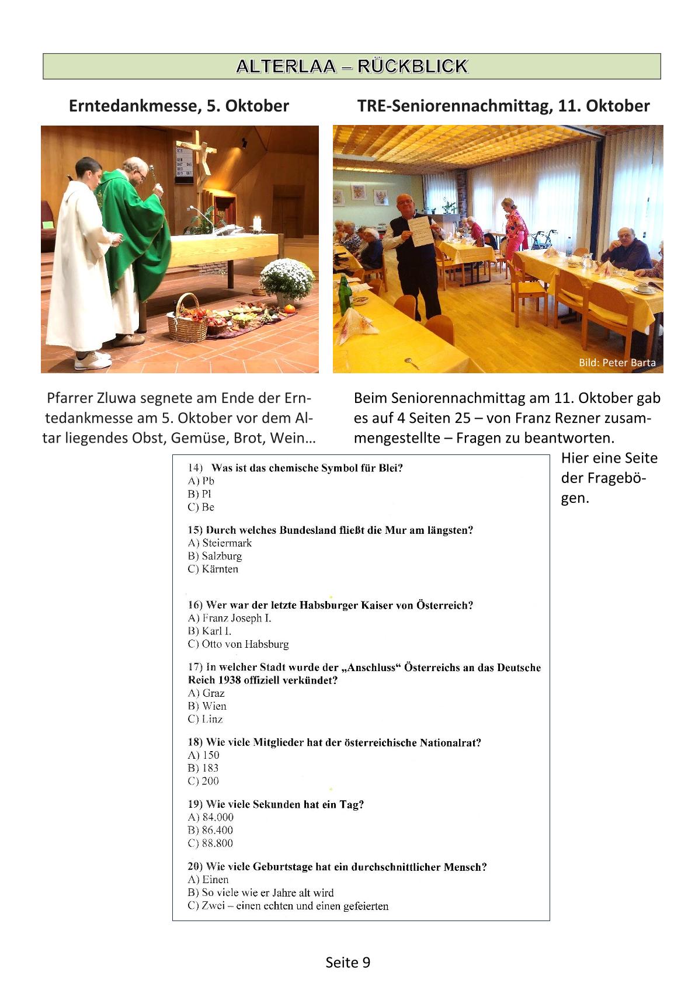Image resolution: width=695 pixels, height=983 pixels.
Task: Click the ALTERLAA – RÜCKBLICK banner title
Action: click(352, 66)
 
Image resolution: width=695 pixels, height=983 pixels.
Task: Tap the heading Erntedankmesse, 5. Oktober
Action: click(179, 106)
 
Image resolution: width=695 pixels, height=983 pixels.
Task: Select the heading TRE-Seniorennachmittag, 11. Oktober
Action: click(503, 106)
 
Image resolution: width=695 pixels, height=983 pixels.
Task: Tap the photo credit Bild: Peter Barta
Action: click(617, 363)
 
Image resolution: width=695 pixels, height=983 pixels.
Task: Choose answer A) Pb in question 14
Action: click(201, 481)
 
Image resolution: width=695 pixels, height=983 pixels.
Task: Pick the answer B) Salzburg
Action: click(214, 556)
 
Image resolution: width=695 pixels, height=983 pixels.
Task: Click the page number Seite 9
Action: click(347, 963)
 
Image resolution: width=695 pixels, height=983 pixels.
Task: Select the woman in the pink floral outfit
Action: click(515, 228)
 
